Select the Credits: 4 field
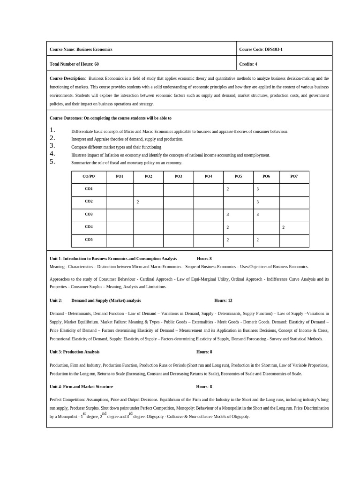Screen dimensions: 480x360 pyautogui.click(x=248, y=64)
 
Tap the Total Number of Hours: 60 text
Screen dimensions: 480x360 pyautogui.click(x=74, y=64)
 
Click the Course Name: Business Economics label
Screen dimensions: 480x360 pyautogui.click(x=81, y=49)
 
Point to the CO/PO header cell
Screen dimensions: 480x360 pyautogui.click(x=89, y=176)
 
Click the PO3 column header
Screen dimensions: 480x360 pyautogui.click(x=178, y=176)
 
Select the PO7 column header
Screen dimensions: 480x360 pyautogui.click(x=294, y=176)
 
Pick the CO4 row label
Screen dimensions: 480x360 pyautogui.click(x=89, y=227)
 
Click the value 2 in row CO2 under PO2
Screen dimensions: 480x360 pyautogui.click(x=138, y=202)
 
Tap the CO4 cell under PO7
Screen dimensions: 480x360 pyautogui.click(x=284, y=227)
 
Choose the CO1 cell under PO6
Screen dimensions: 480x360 pyautogui.click(x=257, y=189)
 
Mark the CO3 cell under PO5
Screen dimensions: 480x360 pyautogui.click(x=228, y=215)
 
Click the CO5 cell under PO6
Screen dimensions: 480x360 pyautogui.click(x=257, y=240)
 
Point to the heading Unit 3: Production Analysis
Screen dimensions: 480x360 pyautogui.click(x=75, y=352)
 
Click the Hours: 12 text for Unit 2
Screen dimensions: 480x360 pyautogui.click(x=223, y=300)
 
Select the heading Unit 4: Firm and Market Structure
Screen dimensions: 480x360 pyautogui.click(x=81, y=387)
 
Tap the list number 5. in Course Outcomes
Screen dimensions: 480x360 pyautogui.click(x=52, y=162)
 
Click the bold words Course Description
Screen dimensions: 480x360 pyautogui.click(x=67, y=78)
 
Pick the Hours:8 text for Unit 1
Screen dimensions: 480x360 pyautogui.click(x=204, y=258)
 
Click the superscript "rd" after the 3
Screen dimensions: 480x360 pyautogui.click(x=130, y=414)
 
